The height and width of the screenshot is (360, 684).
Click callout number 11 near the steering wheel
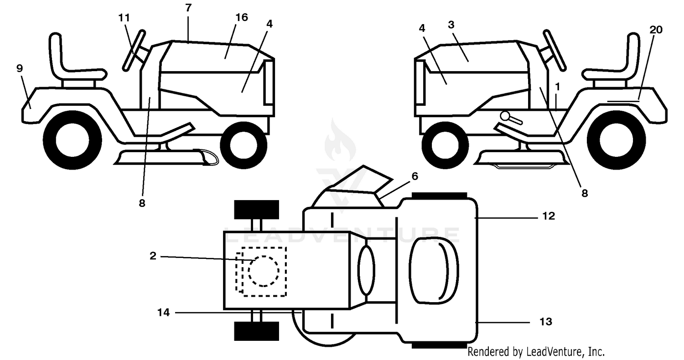coord(124,18)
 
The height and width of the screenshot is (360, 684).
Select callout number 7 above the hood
coord(188,8)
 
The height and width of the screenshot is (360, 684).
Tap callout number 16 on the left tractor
coord(242,17)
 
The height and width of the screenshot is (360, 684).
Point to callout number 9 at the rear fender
coord(20,68)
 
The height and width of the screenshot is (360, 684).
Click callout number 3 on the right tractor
coord(451,25)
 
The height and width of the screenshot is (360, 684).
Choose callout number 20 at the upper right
coord(656,30)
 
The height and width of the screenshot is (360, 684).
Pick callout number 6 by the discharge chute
coord(415,176)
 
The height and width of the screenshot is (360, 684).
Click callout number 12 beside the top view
coord(549,216)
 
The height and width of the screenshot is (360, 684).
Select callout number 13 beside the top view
coord(546,322)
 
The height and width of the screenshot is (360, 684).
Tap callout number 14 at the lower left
coord(163,313)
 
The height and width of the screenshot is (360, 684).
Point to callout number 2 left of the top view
coord(153,256)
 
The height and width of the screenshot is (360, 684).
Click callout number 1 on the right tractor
coord(558,87)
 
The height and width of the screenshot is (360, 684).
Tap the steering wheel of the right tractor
coord(554,50)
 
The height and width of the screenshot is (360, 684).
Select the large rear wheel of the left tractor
coord(73,140)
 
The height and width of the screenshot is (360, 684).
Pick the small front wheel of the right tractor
coord(445,145)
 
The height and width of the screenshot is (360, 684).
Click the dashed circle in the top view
coord(264,271)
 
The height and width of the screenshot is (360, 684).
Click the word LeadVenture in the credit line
coord(554,352)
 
